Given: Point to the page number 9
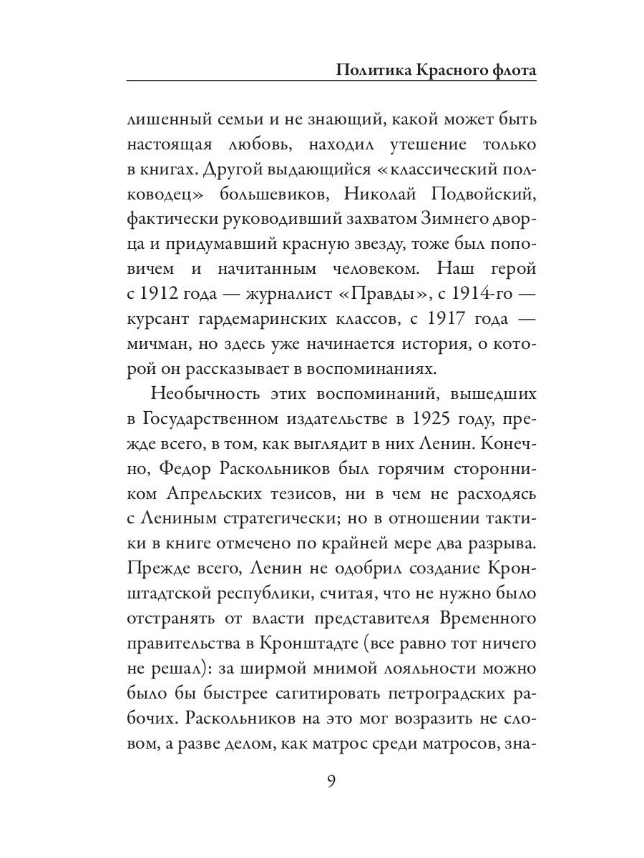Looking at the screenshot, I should click(331, 780).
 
